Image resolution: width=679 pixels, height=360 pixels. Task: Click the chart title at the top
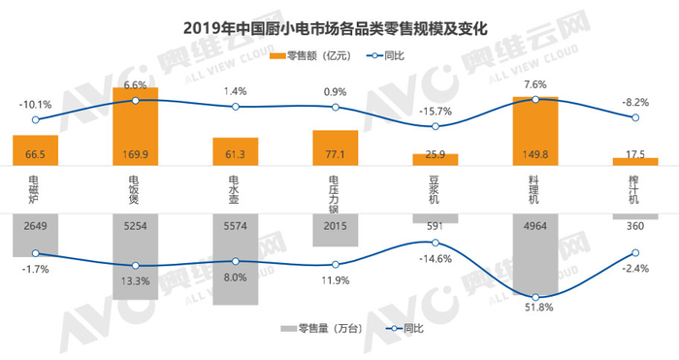coord(339,26)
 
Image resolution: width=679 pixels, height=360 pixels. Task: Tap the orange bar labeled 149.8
coord(534,131)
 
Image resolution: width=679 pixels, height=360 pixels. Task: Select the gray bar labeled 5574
coord(236,259)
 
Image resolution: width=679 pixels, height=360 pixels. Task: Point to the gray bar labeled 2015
coord(335,230)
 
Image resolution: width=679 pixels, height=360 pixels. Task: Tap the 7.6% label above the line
coord(536,83)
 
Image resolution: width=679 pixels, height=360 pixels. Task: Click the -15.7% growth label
coord(436,110)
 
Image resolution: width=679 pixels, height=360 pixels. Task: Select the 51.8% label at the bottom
coord(536,309)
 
